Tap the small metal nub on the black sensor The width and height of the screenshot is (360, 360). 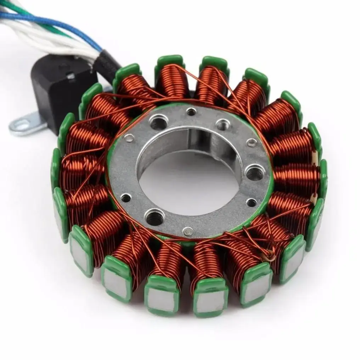coord(71,76)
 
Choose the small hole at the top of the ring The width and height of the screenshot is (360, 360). coord(191,112)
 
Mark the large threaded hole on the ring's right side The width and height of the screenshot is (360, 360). coord(255,173)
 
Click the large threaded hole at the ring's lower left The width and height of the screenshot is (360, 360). coord(155,217)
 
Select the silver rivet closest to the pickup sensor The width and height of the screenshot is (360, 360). coord(130,138)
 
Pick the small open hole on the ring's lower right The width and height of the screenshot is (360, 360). coord(251,202)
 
